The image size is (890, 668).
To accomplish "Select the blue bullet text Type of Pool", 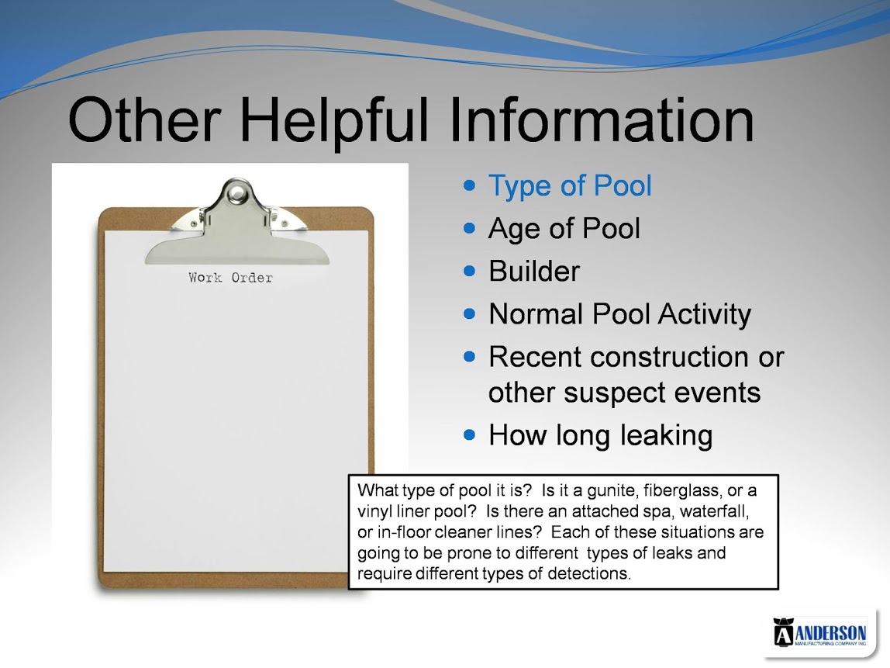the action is [570, 185].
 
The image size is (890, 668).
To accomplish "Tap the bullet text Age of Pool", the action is [564, 228].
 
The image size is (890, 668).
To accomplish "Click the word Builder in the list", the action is [534, 271].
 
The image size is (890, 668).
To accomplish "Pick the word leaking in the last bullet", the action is [666, 436].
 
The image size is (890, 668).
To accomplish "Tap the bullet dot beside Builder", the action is [469, 271].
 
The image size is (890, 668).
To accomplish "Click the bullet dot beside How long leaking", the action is [469, 435].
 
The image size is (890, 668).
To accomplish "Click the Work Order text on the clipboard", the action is [230, 278].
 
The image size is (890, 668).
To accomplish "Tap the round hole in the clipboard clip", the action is [236, 194].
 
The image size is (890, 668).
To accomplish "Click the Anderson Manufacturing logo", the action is [819, 632].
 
